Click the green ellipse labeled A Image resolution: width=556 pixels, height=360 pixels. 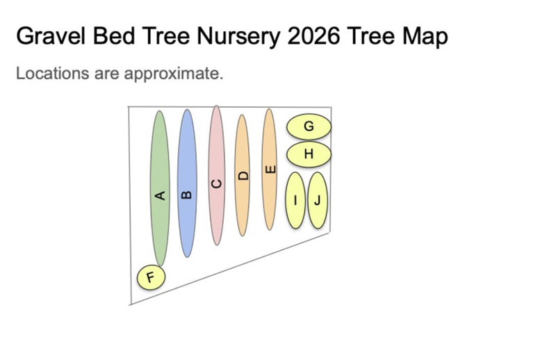160,188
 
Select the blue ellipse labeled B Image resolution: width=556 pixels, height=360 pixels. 187,183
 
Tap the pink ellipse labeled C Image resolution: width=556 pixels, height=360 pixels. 216,175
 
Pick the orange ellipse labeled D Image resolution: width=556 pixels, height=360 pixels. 242,175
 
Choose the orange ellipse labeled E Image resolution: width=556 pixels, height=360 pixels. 269,170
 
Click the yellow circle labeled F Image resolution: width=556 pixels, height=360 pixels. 151,277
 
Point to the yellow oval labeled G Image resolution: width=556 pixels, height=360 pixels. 309,126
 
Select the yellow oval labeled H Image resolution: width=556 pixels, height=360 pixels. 309,154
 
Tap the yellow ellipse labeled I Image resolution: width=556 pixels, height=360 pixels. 295,200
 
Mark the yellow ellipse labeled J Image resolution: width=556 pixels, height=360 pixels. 318,200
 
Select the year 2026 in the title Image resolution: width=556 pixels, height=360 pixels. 314,36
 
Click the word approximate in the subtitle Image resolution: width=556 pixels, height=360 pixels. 173,74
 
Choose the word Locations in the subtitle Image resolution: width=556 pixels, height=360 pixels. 53,74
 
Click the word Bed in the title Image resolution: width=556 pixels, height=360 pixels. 114,36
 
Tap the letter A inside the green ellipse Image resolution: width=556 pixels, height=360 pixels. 161,195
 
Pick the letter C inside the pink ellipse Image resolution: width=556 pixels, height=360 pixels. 216,183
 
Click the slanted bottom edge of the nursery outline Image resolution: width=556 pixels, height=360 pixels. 231,268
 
